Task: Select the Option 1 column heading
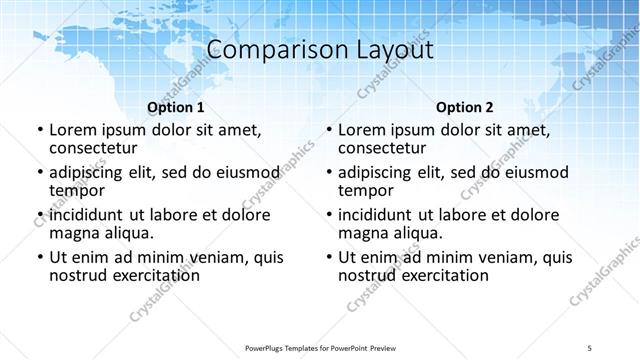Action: point(176,107)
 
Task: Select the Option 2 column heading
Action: point(465,107)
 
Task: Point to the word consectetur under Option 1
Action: point(93,148)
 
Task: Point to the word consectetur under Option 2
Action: point(382,148)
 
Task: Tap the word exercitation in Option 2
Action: point(433,275)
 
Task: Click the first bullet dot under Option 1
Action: point(39,130)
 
